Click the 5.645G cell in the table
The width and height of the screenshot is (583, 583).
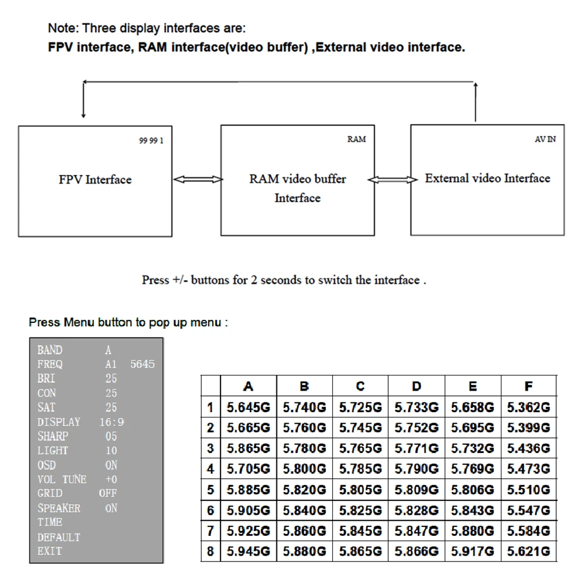248,408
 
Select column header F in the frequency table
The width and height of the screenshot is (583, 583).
528,386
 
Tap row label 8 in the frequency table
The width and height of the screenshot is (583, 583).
210,551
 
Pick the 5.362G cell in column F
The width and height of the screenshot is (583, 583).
528,408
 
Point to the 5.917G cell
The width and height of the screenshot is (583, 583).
473,551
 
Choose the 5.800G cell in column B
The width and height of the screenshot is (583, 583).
304,469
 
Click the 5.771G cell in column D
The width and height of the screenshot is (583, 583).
416,448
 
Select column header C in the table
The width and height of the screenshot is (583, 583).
360,386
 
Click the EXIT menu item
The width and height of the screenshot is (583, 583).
50,551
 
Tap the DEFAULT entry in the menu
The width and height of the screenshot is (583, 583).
59,537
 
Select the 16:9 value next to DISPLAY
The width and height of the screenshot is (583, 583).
112,422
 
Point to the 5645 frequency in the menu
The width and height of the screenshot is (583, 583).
143,364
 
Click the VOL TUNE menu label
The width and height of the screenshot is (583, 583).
62,479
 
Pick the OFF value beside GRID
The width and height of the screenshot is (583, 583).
108,493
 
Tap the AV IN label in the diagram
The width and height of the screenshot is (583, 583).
545,139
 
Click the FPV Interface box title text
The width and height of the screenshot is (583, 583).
95,180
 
